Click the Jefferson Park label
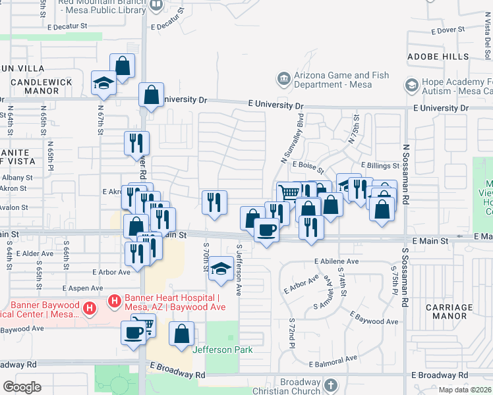coord(223,350)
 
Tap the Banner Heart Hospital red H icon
coord(114,302)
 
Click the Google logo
coord(22,387)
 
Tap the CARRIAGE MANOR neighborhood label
coord(449,311)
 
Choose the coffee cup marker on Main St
coord(266,230)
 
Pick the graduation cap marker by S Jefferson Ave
coord(221,269)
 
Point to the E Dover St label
coord(448,30)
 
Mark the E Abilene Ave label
coord(336,261)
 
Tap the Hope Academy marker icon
coord(412,86)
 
